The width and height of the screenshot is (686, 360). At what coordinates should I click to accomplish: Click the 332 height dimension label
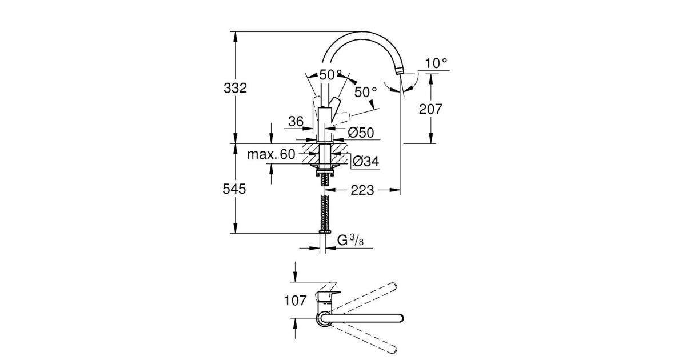point(236,89)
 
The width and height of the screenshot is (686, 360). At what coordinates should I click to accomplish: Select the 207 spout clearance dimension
point(430,109)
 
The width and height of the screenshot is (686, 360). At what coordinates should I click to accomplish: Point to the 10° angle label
point(436,63)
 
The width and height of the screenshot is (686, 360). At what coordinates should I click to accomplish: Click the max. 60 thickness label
point(272,154)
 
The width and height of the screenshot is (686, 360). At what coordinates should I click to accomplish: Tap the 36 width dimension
point(295,121)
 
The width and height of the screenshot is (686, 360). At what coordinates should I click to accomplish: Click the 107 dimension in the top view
point(294,299)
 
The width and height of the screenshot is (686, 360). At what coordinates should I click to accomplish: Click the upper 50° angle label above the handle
point(330,75)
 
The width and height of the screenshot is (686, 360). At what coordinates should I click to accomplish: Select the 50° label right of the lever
point(366,91)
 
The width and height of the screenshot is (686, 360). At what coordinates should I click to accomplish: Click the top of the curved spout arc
point(366,34)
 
